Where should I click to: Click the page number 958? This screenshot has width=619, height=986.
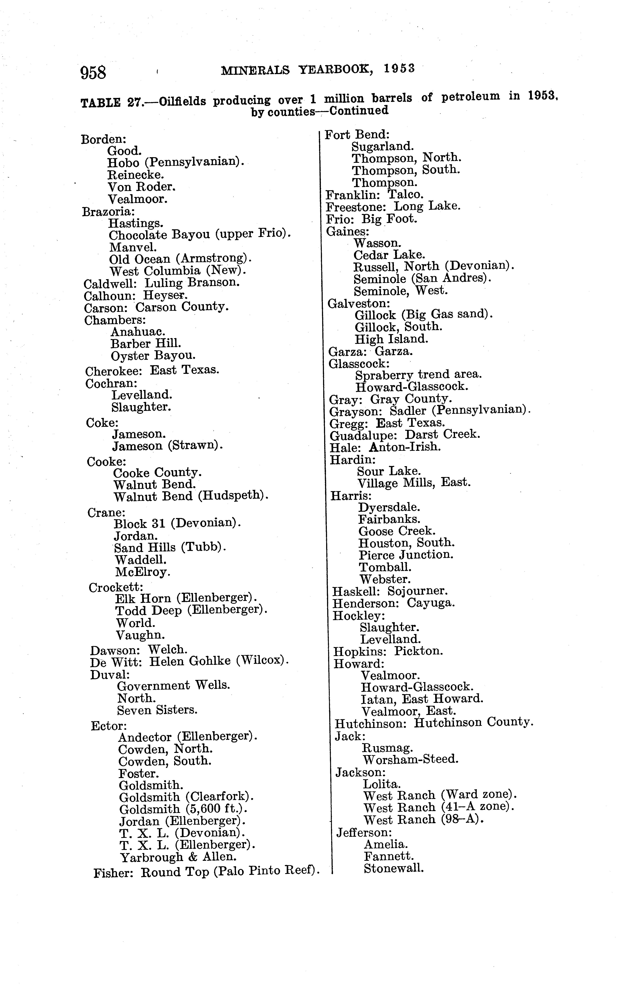(x=93, y=73)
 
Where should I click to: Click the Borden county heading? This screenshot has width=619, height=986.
(x=103, y=139)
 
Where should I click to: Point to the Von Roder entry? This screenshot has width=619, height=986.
(x=142, y=187)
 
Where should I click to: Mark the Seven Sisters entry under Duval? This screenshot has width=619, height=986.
(x=157, y=710)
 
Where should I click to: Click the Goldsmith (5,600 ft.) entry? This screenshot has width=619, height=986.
(x=184, y=809)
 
